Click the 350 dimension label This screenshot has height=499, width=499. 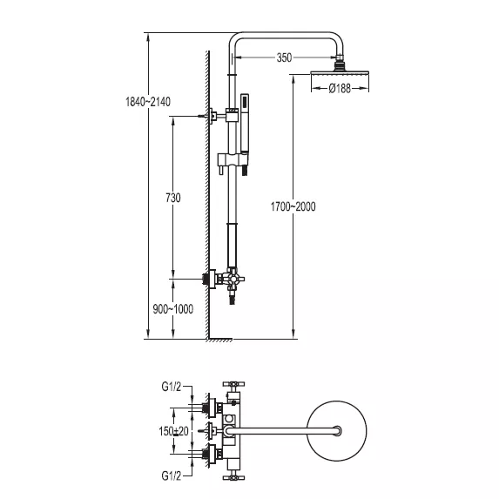pyautogui.click(x=284, y=58)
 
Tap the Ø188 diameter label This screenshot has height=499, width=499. pyautogui.click(x=340, y=88)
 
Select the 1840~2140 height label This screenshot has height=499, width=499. pyautogui.click(x=148, y=102)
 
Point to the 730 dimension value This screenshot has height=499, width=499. pyautogui.click(x=173, y=198)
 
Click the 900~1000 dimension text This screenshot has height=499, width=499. pyautogui.click(x=172, y=309)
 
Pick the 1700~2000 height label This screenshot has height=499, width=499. pyautogui.click(x=293, y=207)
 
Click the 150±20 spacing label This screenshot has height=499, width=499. pyautogui.click(x=173, y=432)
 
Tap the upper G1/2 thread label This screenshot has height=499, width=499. pyautogui.click(x=172, y=387)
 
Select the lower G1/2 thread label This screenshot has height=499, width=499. pyautogui.click(x=172, y=475)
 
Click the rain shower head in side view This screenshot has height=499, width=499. pyautogui.click(x=340, y=73)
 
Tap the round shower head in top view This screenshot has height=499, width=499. pyautogui.click(x=337, y=431)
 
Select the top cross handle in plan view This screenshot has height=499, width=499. pyautogui.click(x=233, y=384)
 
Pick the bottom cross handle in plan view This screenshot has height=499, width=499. pyautogui.click(x=233, y=477)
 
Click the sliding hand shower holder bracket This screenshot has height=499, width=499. pyautogui.click(x=233, y=160)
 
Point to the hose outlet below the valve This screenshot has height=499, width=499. pyautogui.click(x=233, y=300)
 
